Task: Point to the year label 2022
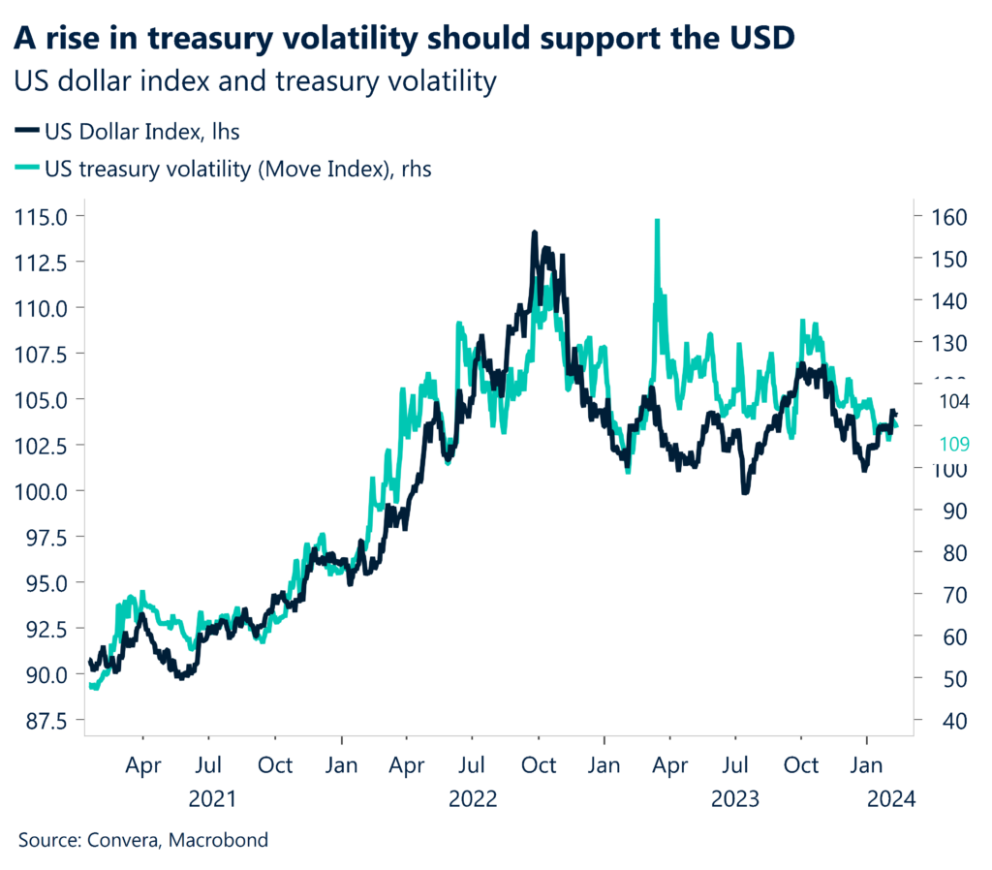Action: (x=473, y=799)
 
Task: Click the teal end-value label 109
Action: (x=955, y=445)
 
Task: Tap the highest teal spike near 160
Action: (x=657, y=222)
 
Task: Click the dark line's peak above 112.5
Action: (x=534, y=233)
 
